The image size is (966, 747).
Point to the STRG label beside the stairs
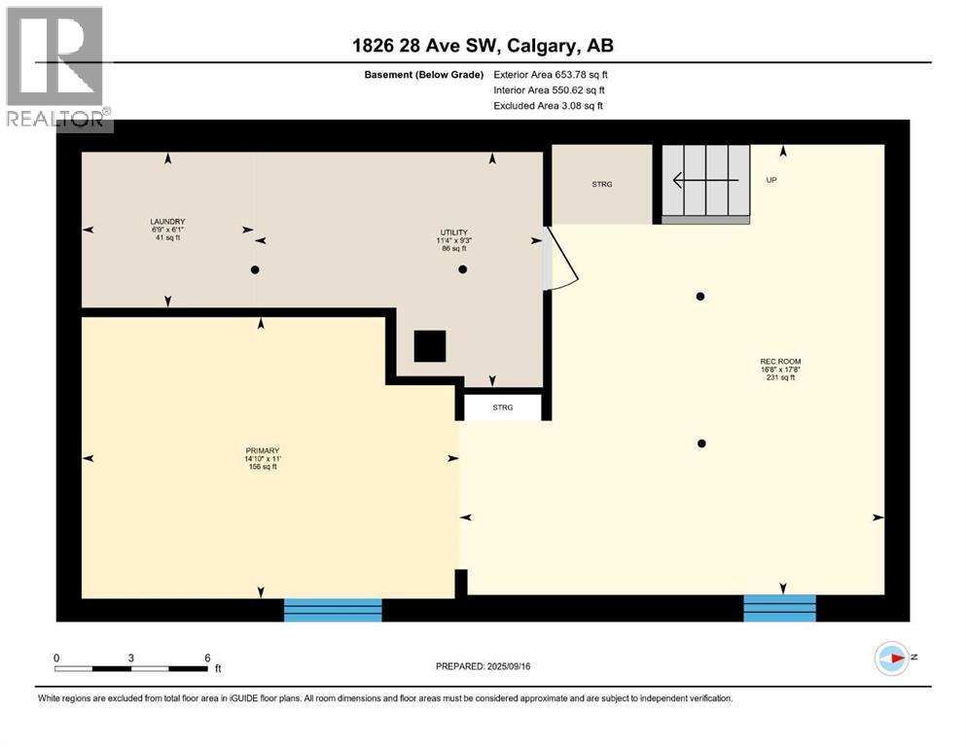pyautogui.click(x=602, y=185)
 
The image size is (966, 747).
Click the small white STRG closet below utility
pyautogui.click(x=502, y=407)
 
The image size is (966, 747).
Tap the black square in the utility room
pyautogui.click(x=429, y=346)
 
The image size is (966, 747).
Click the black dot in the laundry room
pyautogui.click(x=255, y=269)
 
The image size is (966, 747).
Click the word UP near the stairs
pyautogui.click(x=771, y=180)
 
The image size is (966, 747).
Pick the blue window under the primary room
pyautogui.click(x=333, y=610)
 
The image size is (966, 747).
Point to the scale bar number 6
pyautogui.click(x=207, y=658)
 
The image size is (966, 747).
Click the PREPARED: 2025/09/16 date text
pyautogui.click(x=483, y=666)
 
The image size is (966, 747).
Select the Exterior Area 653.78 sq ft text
pyautogui.click(x=551, y=75)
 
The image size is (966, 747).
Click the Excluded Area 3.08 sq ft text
pyautogui.click(x=548, y=105)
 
